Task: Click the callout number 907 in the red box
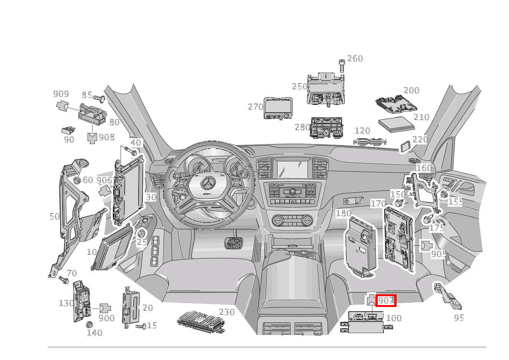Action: pyautogui.click(x=385, y=300)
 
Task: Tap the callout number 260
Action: pyautogui.click(x=355, y=58)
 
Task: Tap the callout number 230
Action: pyautogui.click(x=226, y=312)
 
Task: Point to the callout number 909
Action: pyautogui.click(x=61, y=94)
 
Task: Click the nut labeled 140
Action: pyautogui.click(x=89, y=324)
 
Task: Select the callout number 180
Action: pyautogui.click(x=343, y=213)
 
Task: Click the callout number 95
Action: pyautogui.click(x=459, y=318)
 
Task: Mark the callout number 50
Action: pyautogui.click(x=55, y=216)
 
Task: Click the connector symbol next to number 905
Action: pyautogui.click(x=426, y=245)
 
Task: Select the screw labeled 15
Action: pyautogui.click(x=142, y=327)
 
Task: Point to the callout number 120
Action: pyautogui.click(x=362, y=131)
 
